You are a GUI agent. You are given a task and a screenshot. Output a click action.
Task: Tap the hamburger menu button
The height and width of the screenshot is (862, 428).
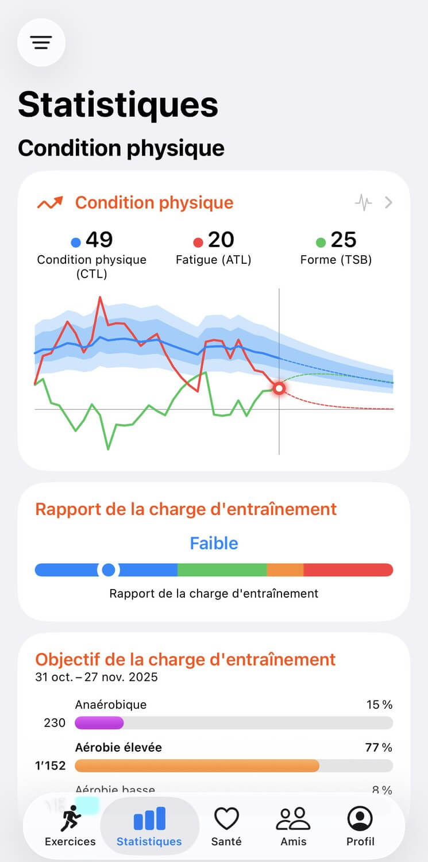click(x=41, y=42)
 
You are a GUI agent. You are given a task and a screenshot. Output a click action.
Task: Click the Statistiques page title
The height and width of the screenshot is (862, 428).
click(x=118, y=105)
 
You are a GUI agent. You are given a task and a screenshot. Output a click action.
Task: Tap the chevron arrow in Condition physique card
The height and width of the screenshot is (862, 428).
click(x=389, y=202)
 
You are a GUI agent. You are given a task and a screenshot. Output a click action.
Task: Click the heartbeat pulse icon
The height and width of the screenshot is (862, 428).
click(x=363, y=202)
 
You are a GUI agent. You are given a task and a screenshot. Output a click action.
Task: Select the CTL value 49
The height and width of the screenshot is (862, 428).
click(x=99, y=240)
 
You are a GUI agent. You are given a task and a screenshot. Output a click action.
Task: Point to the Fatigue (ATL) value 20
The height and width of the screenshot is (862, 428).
click(x=221, y=240)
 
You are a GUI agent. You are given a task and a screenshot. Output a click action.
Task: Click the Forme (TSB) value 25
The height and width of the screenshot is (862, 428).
click(x=344, y=240)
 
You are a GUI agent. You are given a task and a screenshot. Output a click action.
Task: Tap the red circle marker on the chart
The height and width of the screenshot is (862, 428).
click(x=279, y=389)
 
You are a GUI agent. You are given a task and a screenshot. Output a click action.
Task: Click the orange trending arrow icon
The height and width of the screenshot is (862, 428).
click(x=50, y=203)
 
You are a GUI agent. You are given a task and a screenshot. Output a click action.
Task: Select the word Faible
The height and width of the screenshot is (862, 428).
click(x=214, y=543)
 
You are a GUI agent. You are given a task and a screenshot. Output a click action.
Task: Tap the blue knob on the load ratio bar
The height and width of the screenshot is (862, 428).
click(x=108, y=569)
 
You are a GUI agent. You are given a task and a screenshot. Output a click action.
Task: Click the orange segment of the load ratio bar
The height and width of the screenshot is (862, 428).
click(x=285, y=569)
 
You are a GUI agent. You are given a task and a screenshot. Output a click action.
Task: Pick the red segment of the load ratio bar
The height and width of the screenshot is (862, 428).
click(x=348, y=569)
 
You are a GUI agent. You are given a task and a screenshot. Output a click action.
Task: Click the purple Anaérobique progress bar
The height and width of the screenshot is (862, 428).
click(x=99, y=722)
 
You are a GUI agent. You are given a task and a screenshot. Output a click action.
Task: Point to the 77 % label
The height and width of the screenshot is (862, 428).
click(x=379, y=747)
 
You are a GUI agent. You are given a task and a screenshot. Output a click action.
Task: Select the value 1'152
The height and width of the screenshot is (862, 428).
click(x=51, y=765)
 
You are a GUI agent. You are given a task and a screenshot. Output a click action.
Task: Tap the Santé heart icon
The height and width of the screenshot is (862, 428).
click(x=226, y=819)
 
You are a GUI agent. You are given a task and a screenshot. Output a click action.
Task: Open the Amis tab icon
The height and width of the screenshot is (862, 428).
click(x=293, y=819)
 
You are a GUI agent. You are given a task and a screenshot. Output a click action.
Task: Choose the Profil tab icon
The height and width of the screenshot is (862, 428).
click(x=360, y=819)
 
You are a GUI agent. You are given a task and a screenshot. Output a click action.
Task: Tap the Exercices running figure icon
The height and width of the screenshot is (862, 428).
click(x=71, y=819)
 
